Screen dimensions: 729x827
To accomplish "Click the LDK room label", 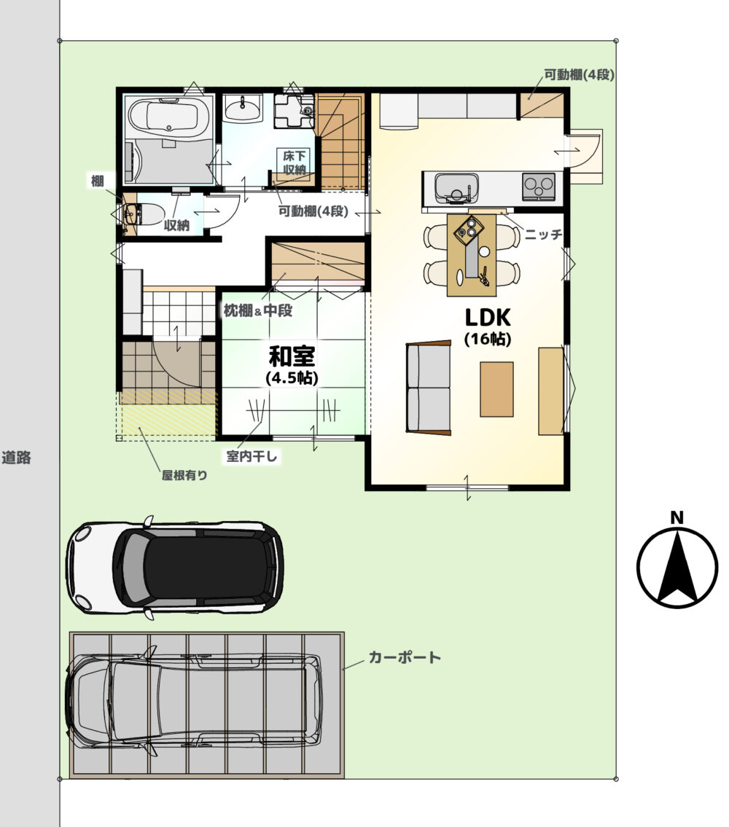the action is click(x=488, y=318).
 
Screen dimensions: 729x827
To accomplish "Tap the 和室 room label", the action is click(x=292, y=356).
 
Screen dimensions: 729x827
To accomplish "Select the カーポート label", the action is click(x=405, y=657).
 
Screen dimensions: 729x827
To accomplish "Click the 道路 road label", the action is click(x=16, y=458).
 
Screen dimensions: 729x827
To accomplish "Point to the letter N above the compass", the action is click(x=677, y=518).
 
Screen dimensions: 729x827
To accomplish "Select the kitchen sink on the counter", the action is click(x=456, y=187).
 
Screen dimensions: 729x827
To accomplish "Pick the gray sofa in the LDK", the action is click(x=429, y=388).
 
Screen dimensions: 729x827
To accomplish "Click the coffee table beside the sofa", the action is click(x=496, y=389).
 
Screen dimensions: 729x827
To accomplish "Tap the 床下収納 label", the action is click(x=294, y=162).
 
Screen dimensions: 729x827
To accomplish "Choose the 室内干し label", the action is click(x=252, y=456).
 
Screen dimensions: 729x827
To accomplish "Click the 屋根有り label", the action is click(x=184, y=475).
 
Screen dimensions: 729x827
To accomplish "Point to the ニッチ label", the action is click(x=544, y=234).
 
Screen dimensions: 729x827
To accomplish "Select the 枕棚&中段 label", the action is click(x=257, y=310).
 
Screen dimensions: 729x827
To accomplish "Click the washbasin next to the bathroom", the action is click(x=242, y=109).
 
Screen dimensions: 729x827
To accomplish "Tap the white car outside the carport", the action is click(x=175, y=568).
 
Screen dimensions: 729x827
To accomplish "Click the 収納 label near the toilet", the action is click(x=176, y=225).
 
